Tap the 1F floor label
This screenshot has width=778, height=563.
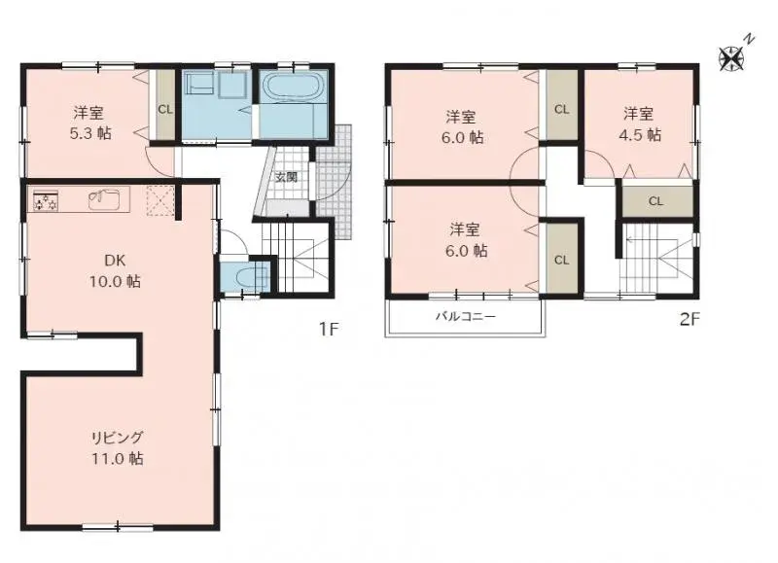point(329,328)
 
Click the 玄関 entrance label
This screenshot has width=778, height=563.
point(285,177)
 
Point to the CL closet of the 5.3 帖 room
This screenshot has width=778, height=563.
point(165,108)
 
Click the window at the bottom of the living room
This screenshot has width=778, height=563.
point(118,527)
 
